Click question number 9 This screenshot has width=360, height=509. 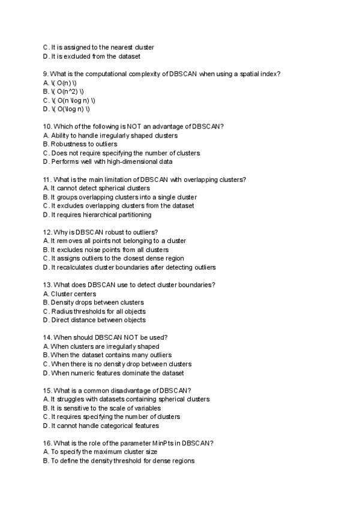pyautogui.click(x=46, y=74)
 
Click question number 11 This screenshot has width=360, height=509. pyautogui.click(x=47, y=179)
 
